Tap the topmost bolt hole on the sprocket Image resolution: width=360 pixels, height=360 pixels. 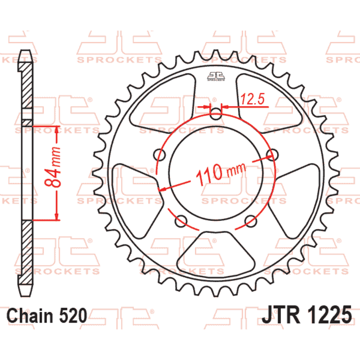[x=216, y=114]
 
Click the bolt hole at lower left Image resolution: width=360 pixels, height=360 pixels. [x=181, y=220]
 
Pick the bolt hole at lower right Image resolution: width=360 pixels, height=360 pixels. [x=250, y=220]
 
